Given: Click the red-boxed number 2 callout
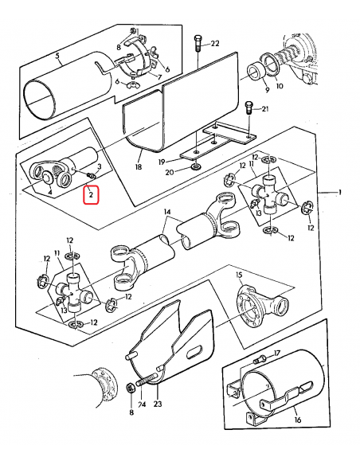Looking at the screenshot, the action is [x=91, y=195].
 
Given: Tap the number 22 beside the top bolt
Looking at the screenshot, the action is [x=215, y=44].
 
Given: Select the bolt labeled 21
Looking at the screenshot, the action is [x=249, y=108].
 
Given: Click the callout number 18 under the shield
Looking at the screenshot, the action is [x=139, y=166].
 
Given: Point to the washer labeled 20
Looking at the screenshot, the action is [x=195, y=166].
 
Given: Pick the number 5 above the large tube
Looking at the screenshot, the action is [x=57, y=56].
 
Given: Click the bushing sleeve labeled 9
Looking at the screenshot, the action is [x=256, y=73].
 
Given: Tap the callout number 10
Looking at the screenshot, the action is [x=280, y=86].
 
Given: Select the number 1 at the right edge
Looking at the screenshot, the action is [x=340, y=193].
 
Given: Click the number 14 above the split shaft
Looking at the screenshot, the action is [x=167, y=212].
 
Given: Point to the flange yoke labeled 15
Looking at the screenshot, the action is [x=263, y=305].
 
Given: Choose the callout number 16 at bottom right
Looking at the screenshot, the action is [x=298, y=420].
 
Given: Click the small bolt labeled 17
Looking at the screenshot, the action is [x=260, y=360].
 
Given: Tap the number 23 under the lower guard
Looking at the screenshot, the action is [x=158, y=404].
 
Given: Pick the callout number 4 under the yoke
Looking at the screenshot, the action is [x=50, y=193].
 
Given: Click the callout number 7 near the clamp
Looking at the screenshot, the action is [x=159, y=77].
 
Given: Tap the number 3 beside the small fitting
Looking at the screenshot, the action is [x=100, y=166].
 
